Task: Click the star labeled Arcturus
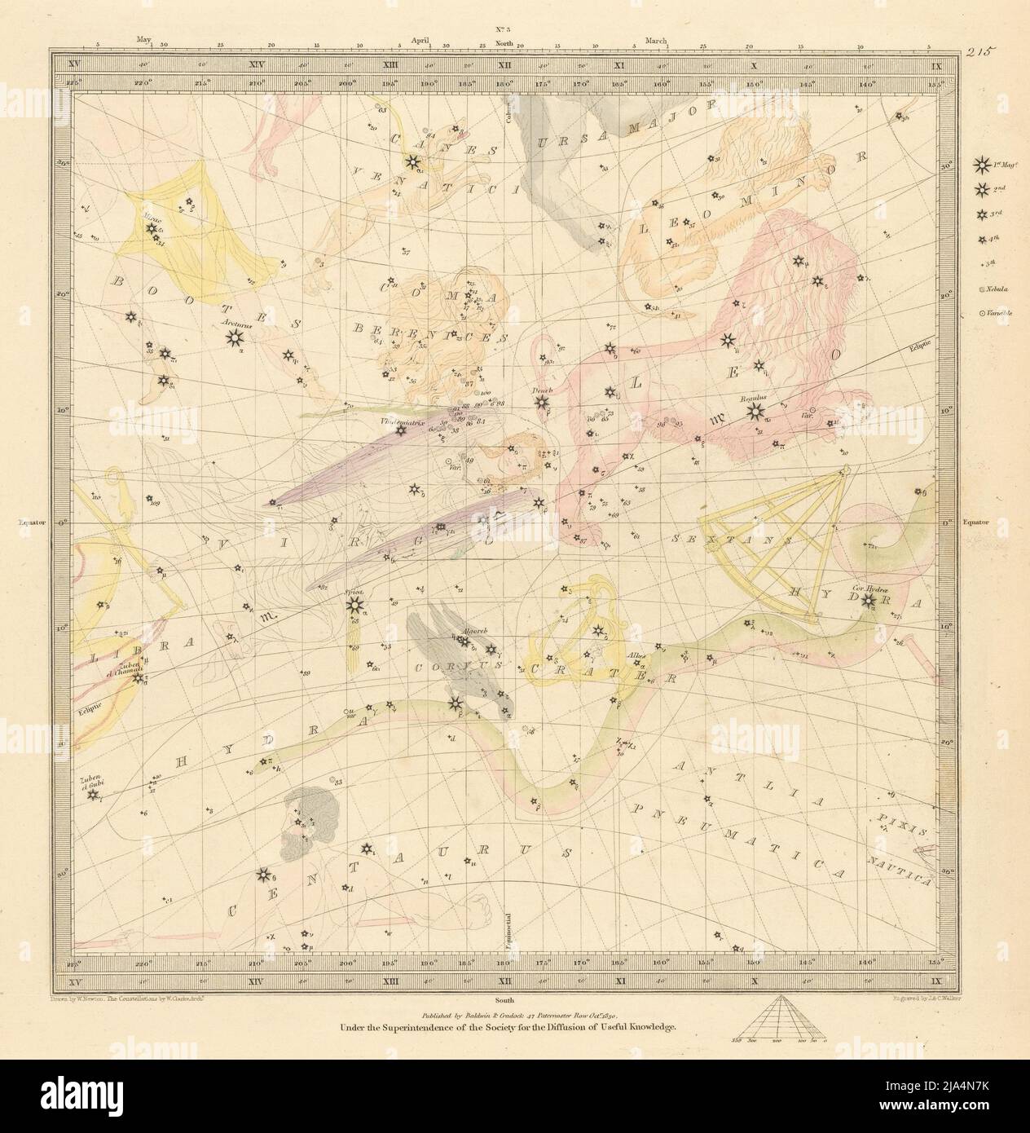(235, 336)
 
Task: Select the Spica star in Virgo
(354, 605)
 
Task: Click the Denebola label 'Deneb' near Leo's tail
(542, 390)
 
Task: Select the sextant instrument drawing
(782, 542)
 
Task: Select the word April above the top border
(421, 38)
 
